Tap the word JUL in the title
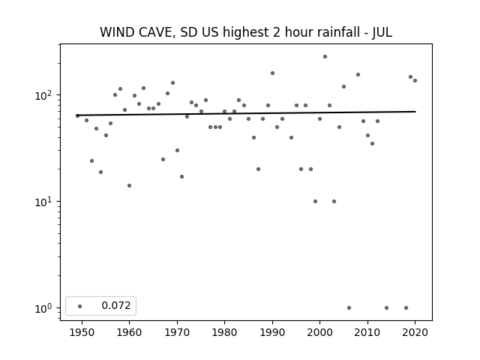point(382,33)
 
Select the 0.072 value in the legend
point(116,305)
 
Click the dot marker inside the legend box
point(80,306)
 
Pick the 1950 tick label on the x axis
point(82,332)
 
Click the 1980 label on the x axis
point(224,332)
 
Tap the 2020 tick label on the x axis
point(415,332)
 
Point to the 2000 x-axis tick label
point(320,332)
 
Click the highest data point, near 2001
point(325,57)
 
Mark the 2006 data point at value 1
point(349,308)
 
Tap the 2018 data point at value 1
point(406,308)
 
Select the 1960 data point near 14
point(129,185)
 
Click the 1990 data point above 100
point(272,73)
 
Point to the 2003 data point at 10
point(334,202)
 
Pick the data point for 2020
point(415,80)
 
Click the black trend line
point(247,113)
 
